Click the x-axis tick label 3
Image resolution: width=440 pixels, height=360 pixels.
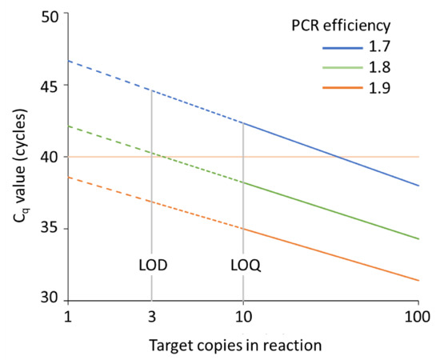pos(151,318)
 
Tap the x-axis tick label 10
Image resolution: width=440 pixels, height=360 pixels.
pos(242,318)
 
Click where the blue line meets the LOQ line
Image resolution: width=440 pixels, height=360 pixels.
pos(242,123)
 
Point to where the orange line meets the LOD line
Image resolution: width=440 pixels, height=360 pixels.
pos(151,202)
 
